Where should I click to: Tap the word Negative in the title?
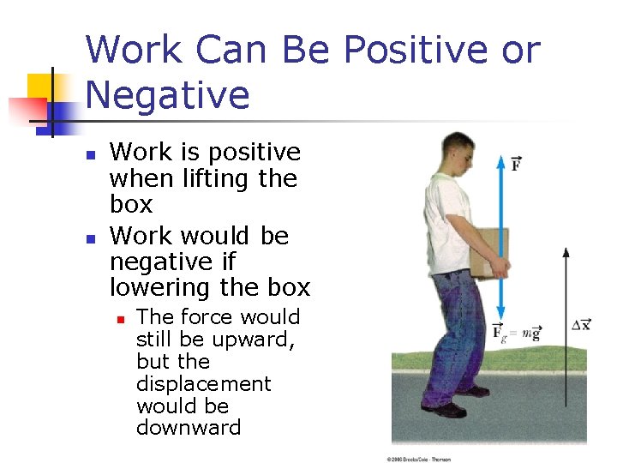pyautogui.click(x=167, y=95)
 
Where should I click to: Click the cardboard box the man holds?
pyautogui.click(x=488, y=252)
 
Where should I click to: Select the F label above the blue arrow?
pyautogui.click(x=517, y=163)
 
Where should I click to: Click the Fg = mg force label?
pyautogui.click(x=516, y=333)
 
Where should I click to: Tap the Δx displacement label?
pyautogui.click(x=581, y=324)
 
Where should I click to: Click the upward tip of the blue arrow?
pyautogui.click(x=501, y=158)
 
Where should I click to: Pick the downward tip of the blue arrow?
pyautogui.click(x=501, y=317)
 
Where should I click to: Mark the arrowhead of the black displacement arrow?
pyautogui.click(x=566, y=252)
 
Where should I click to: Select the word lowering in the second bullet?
pyautogui.click(x=162, y=287)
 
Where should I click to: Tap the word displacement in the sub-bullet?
pyautogui.click(x=203, y=383)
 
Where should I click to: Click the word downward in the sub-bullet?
pyautogui.click(x=189, y=427)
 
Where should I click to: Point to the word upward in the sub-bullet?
pyautogui.click(x=255, y=340)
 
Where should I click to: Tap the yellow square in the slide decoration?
pyautogui.click(x=41, y=87)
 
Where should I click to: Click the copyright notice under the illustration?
pyautogui.click(x=418, y=459)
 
